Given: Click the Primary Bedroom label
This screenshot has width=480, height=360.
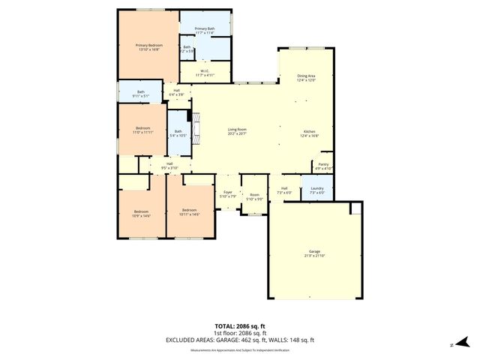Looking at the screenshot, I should (148, 47).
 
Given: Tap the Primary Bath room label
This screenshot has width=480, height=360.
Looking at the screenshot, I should (205, 31).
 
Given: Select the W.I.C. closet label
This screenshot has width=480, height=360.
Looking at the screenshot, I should (205, 74).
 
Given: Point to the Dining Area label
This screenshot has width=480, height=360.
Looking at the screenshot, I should (307, 77).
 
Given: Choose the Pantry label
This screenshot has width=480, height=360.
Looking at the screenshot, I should (323, 166).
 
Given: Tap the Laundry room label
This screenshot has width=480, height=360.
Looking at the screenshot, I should (316, 191).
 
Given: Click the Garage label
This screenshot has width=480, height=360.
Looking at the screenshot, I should (314, 253).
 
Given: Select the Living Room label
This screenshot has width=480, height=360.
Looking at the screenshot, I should (237, 132).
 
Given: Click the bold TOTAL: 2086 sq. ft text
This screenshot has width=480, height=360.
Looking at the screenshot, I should (240, 326).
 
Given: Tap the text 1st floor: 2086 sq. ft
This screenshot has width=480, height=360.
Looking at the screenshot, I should (240, 333).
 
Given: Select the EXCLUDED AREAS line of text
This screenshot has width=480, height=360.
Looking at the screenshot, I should (240, 340).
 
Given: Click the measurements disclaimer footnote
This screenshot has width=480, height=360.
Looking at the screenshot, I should (240, 349).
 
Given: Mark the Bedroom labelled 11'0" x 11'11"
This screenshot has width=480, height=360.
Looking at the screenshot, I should (142, 130).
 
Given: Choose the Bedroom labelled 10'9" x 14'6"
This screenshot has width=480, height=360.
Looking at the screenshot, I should (142, 214).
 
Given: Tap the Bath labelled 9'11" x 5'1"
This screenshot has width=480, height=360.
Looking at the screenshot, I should (141, 94).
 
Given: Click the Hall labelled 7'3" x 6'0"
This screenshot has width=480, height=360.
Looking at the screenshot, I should (284, 190).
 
